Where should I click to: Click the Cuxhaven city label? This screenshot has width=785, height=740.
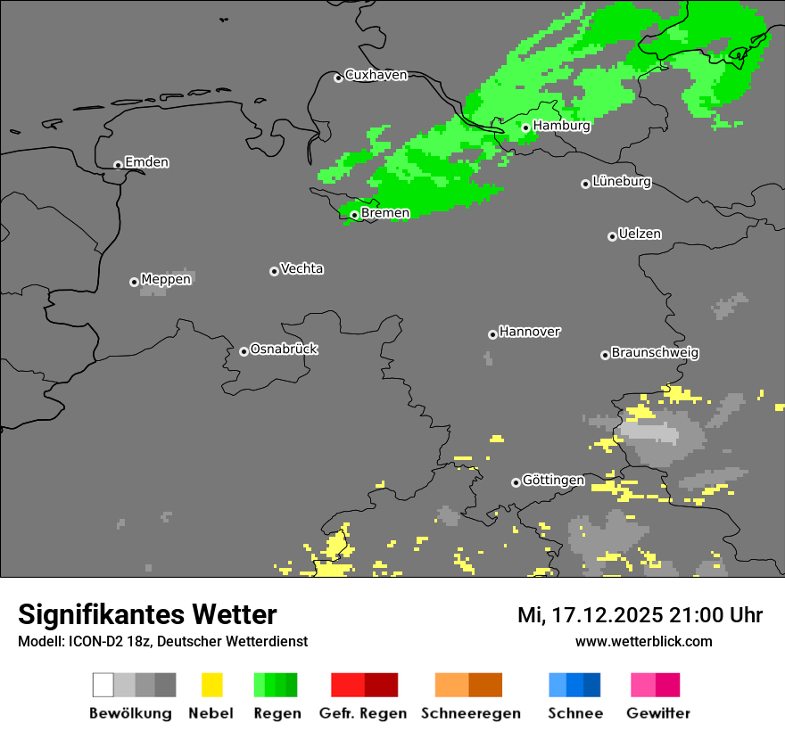(x=376, y=75)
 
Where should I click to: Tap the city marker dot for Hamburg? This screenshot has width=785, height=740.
(x=526, y=127)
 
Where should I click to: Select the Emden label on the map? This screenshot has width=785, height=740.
(x=146, y=162)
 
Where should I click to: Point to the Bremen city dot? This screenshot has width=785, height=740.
(x=354, y=215)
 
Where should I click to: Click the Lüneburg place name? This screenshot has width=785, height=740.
(x=622, y=182)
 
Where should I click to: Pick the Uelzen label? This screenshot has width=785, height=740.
(x=640, y=234)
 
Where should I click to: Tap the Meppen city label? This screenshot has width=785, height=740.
(x=166, y=279)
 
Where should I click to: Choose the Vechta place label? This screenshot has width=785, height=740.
(x=302, y=268)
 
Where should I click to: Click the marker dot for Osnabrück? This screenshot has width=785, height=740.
(x=244, y=351)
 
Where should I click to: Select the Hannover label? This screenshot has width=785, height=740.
(x=530, y=332)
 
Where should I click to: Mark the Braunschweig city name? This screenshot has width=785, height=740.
(x=655, y=353)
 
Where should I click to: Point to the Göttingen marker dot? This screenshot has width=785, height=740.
(x=516, y=482)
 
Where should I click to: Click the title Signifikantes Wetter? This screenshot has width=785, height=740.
(x=147, y=615)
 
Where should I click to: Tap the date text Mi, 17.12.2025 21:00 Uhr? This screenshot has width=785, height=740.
(x=640, y=615)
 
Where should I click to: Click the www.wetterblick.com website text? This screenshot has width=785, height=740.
(x=643, y=642)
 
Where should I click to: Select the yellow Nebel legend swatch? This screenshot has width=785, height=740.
(x=211, y=685)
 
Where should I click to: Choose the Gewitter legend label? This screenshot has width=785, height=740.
(x=658, y=713)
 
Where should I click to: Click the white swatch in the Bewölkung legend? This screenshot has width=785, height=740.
(x=103, y=685)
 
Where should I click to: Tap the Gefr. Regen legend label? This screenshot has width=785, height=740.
(x=362, y=713)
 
